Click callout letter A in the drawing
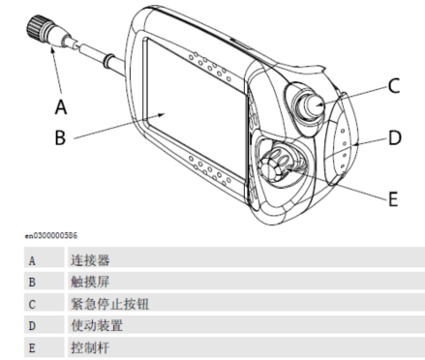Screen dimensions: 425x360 [x=61, y=106]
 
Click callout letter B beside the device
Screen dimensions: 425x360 [x=60, y=137]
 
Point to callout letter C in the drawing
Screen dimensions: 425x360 [x=394, y=86]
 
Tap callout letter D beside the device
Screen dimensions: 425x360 [x=395, y=137]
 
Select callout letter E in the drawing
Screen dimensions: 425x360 [x=393, y=198]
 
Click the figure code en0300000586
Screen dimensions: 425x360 [x=51, y=236]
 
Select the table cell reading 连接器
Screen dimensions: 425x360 [x=90, y=260]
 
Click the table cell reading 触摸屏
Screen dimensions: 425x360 [x=90, y=282]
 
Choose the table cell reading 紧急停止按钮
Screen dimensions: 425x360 [x=110, y=304]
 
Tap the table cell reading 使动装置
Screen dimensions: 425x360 [x=97, y=325]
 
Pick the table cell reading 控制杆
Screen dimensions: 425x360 [x=90, y=347]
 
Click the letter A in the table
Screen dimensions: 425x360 [x=32, y=260]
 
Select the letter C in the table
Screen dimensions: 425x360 [x=32, y=304]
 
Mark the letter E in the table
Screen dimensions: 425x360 [x=32, y=348]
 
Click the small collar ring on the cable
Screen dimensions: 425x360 [x=107, y=61]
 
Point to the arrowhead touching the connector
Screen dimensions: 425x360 [x=53, y=51]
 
